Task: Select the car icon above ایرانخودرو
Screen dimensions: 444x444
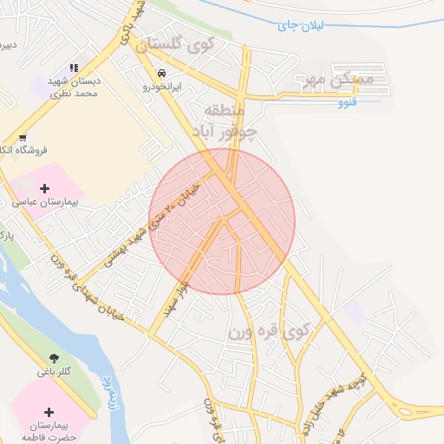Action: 162,73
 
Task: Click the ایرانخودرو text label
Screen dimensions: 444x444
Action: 161,87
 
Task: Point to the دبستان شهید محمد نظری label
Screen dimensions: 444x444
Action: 75,86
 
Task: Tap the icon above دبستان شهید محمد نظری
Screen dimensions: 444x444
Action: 74,67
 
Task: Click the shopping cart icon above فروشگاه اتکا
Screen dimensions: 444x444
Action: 22,137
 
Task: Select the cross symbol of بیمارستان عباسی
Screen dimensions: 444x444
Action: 45,187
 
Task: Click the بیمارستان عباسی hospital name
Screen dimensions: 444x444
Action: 45,201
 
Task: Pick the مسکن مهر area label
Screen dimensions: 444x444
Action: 334,80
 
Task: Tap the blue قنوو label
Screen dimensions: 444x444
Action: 349,103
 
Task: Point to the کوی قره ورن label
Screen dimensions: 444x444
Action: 269,331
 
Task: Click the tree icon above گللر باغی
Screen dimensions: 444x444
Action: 55,357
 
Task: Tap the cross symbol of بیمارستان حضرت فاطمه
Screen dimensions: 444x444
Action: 48,412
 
